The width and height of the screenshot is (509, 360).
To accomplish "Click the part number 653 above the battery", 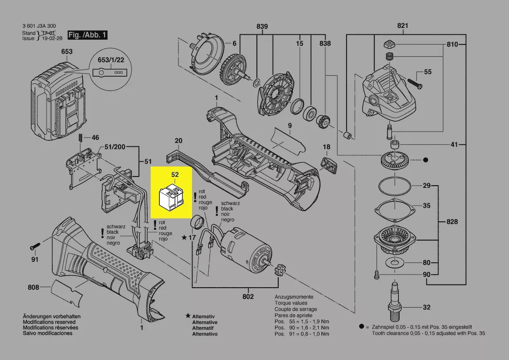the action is tap(67, 51).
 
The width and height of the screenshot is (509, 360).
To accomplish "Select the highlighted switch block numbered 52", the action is tap(171, 196).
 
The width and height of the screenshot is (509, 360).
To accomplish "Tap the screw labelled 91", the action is tap(35, 246).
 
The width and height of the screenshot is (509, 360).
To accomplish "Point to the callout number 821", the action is tap(402, 25).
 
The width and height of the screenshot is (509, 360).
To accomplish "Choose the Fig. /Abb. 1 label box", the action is tap(88, 35).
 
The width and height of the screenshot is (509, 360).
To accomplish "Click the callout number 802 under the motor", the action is tap(248, 296).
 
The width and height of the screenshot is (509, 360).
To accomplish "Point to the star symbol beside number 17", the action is tap(184, 238).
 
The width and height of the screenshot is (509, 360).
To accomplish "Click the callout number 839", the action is tap(262, 26).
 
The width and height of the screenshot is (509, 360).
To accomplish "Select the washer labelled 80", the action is tap(395, 262).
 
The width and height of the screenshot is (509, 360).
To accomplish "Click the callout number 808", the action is tap(34, 287).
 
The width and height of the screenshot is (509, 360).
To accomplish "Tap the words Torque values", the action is tap(291, 303).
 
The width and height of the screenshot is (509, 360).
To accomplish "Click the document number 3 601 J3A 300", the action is tap(39, 26).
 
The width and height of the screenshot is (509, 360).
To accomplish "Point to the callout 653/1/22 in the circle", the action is tap(111, 60).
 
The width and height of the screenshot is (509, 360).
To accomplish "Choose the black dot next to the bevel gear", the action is tap(425, 160).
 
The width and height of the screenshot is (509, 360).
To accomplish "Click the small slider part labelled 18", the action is tap(329, 165).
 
